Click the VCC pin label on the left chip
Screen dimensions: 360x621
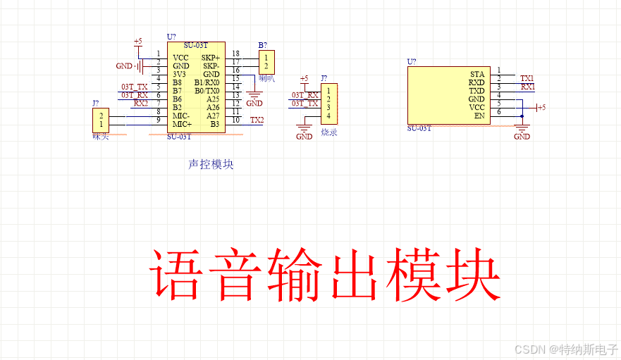(x=180, y=57)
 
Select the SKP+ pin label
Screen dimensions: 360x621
(x=210, y=57)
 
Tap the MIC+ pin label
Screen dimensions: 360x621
(x=183, y=124)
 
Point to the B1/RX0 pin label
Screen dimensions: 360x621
(x=207, y=82)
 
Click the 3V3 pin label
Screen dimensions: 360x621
(x=180, y=74)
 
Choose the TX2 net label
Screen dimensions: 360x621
(x=257, y=120)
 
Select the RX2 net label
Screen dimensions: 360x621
(x=141, y=103)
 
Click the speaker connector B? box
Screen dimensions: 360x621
(x=266, y=62)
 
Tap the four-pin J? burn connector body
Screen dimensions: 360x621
(x=328, y=103)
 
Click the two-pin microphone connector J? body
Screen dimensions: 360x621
(x=101, y=120)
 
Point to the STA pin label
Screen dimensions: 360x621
(x=477, y=74)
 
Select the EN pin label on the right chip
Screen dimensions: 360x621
(x=479, y=116)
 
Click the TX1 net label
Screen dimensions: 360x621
(x=527, y=78)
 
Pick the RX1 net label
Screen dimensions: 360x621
(x=527, y=87)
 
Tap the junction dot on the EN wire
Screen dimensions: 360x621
(x=522, y=116)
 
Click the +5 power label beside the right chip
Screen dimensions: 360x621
(x=541, y=107)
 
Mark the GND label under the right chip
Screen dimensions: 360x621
(x=522, y=137)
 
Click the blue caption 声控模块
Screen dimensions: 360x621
(x=211, y=164)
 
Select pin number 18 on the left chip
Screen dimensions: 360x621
(x=235, y=54)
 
